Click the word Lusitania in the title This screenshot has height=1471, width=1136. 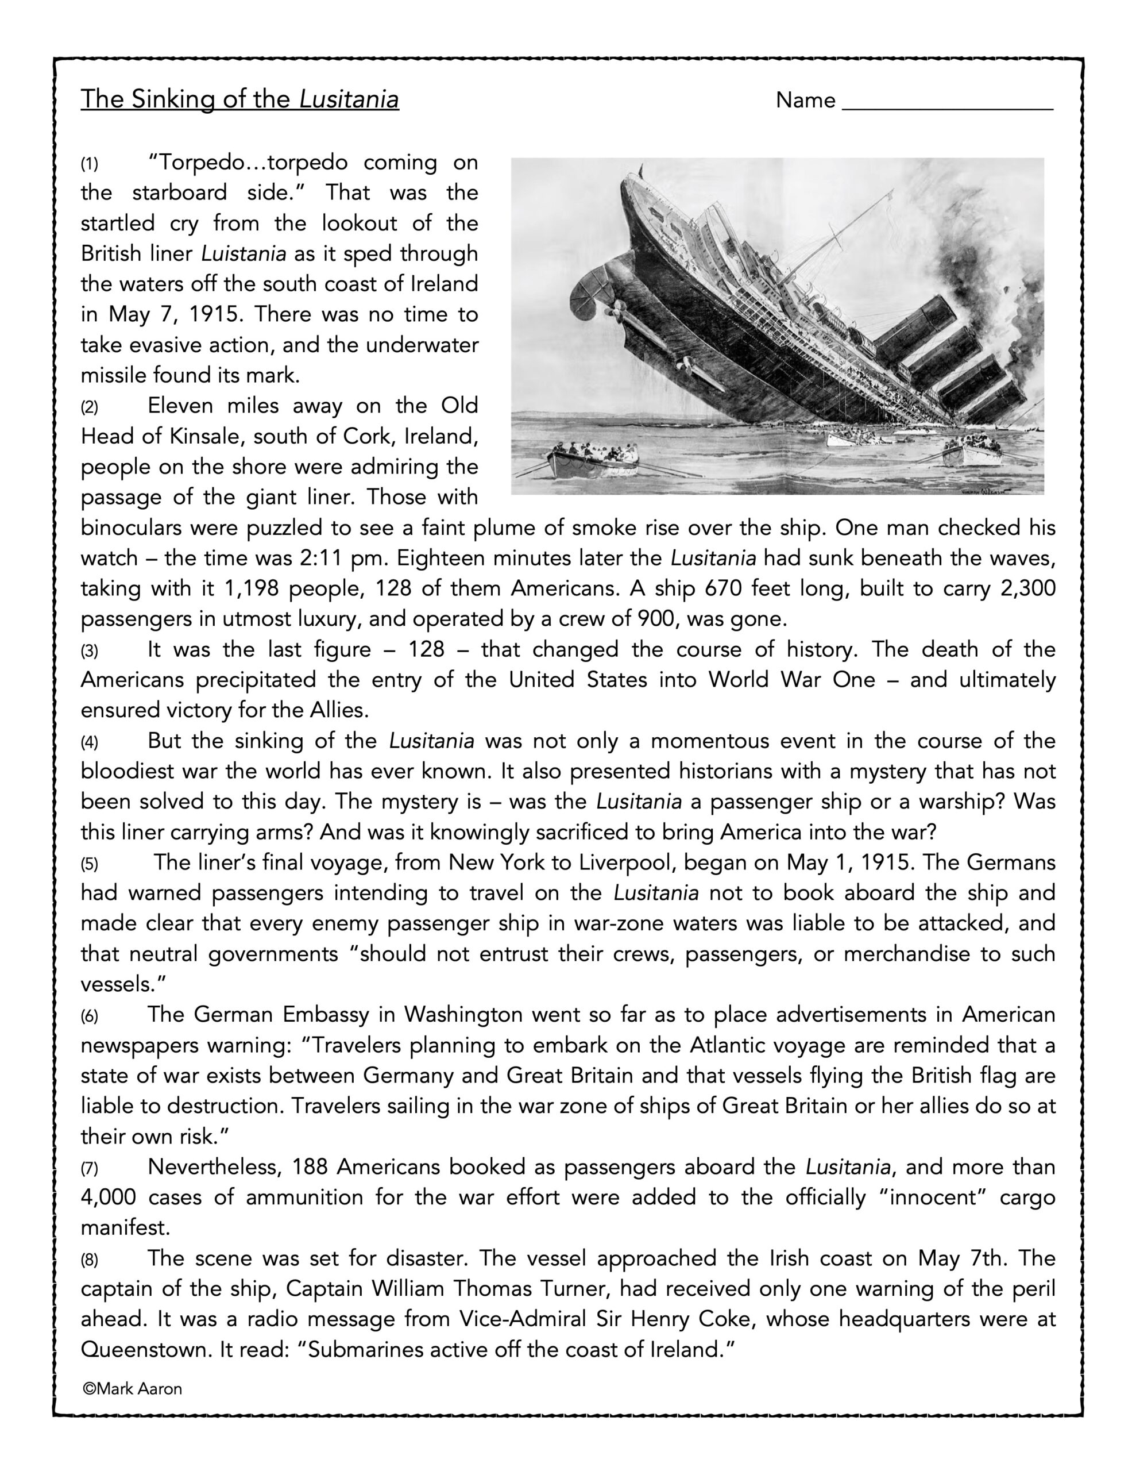click(x=349, y=99)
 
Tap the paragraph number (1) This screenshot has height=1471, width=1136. click(x=90, y=164)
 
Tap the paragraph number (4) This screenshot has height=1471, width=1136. click(x=90, y=742)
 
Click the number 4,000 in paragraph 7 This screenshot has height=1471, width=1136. click(x=108, y=1197)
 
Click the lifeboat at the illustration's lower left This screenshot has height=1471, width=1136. click(x=593, y=461)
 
